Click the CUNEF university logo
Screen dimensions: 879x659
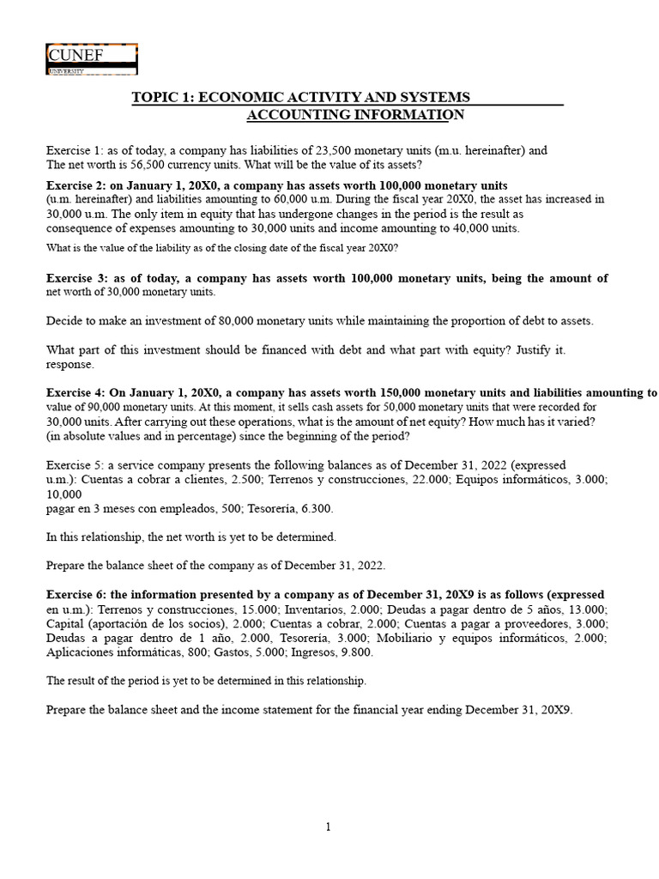coord(91,59)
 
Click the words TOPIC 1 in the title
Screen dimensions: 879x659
coord(162,97)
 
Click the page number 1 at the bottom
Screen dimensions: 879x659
coord(329,827)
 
